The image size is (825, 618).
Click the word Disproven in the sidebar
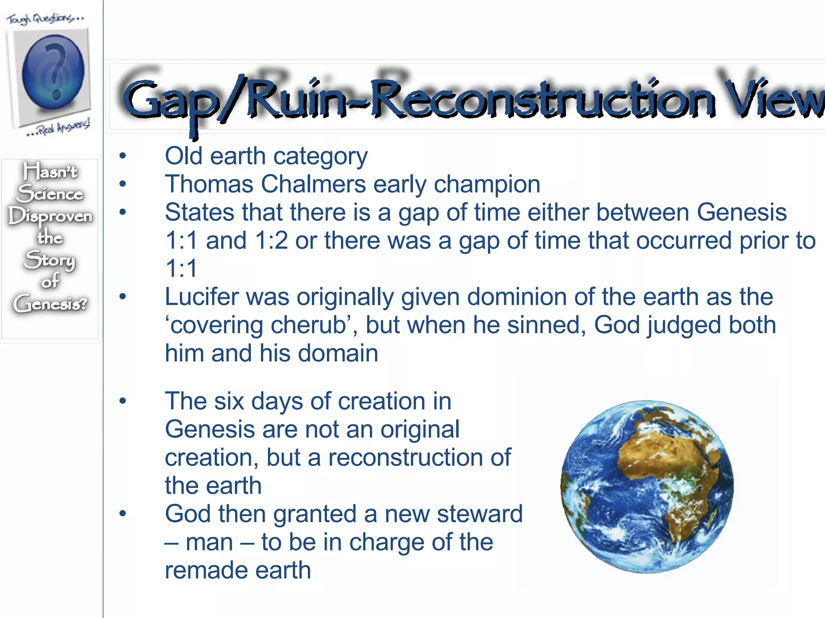(x=50, y=216)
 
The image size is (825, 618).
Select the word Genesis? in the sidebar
(x=50, y=303)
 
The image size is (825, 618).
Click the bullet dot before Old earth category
(x=122, y=156)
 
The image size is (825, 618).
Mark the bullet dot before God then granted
(x=122, y=514)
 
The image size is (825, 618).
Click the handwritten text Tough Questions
(x=46, y=18)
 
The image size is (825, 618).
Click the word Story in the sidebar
(x=50, y=260)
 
